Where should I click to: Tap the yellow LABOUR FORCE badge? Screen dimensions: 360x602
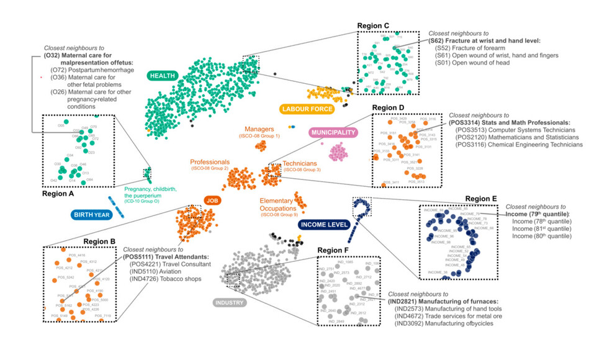307,109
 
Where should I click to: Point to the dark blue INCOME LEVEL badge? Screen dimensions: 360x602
323,224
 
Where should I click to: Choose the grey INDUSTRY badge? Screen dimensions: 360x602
230,303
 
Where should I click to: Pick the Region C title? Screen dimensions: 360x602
374,25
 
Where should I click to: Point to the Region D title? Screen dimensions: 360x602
388,108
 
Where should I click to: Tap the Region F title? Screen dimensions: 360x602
334,250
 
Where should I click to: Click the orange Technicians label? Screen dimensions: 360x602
301,163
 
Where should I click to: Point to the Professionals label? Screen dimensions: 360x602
210,162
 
